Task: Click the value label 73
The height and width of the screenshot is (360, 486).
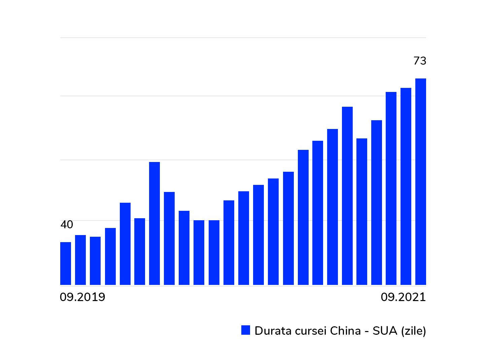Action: (420, 61)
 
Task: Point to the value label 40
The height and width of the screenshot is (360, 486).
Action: (67, 225)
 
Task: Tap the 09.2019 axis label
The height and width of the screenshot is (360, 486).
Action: (82, 297)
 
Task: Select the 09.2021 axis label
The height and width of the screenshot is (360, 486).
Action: (403, 297)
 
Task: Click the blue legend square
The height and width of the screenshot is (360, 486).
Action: (246, 330)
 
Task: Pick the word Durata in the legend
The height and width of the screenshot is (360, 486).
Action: (273, 331)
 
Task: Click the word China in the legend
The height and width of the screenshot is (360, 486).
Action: (345, 331)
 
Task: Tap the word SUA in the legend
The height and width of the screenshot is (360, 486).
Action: (385, 331)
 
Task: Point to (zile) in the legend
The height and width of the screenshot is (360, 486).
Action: (414, 331)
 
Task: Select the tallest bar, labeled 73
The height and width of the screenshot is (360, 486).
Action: (420, 182)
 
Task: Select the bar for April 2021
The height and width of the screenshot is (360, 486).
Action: (347, 196)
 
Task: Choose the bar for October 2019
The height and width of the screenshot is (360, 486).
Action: (80, 260)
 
